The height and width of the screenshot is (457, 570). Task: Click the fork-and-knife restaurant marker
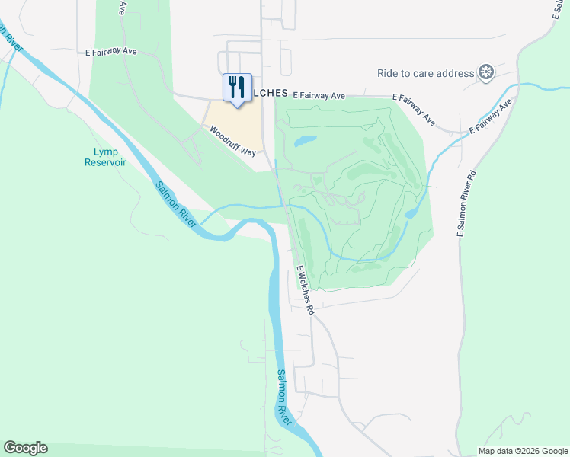236,86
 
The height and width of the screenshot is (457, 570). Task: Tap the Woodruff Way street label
233,141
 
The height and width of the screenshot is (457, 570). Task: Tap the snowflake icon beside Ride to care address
485,73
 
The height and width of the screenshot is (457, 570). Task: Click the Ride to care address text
425,73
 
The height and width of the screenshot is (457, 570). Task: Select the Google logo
25,448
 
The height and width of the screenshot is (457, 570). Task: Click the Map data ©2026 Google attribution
523,450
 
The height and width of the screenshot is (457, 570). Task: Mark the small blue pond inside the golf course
304,141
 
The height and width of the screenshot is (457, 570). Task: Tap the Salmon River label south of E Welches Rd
283,396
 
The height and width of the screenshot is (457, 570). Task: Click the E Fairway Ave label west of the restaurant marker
111,51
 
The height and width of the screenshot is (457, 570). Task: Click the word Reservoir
105,161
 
